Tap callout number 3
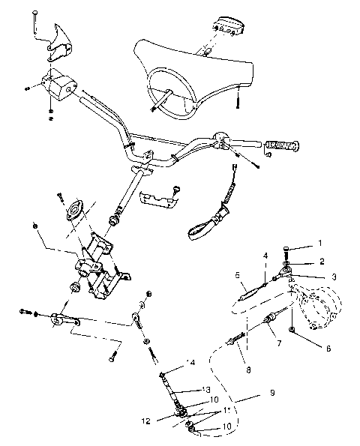tap(333, 277)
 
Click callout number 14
tap(190, 362)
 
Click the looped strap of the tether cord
tap(199, 228)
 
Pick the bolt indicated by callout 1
tap(289, 251)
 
